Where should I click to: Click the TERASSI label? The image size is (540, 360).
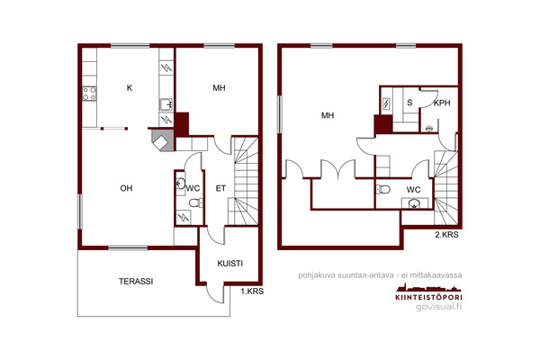136,282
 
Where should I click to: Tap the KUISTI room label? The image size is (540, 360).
230,264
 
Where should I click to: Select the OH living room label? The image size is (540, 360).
126,188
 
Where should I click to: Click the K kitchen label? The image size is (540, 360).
130,88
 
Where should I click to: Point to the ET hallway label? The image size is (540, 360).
220,188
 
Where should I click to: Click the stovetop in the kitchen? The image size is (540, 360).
89,94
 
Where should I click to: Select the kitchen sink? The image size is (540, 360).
166,104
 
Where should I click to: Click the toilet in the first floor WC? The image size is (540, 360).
196,202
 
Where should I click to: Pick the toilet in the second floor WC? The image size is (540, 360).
383,189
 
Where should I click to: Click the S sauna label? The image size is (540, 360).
409,103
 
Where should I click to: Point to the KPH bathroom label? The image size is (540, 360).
442,103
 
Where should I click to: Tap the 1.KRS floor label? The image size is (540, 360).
252,292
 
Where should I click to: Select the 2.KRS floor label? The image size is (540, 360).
446,235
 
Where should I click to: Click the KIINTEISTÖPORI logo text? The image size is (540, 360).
428,297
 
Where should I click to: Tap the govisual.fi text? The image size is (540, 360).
439,307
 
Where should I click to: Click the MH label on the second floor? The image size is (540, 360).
328,115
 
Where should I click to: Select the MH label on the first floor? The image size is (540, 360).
219,88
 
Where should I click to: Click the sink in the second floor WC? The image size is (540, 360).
414,204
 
